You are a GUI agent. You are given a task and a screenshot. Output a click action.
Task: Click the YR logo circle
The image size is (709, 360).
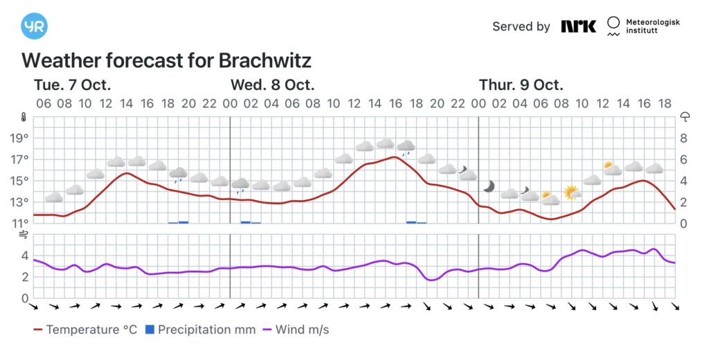[34, 26]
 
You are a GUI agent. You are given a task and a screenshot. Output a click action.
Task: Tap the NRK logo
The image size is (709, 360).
[578, 26]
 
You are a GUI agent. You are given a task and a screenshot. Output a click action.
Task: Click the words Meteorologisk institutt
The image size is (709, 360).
[652, 27]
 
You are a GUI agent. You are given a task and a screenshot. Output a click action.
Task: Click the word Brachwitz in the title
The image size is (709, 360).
[265, 60]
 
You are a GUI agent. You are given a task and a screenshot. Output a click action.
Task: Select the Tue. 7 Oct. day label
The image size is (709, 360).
[73, 85]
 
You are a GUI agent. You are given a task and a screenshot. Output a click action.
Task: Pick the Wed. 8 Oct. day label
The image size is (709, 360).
[273, 85]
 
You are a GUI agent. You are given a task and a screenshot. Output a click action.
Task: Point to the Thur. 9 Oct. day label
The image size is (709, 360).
[521, 85]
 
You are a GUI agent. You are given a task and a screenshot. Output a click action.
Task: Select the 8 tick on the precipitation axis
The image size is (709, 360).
[683, 138]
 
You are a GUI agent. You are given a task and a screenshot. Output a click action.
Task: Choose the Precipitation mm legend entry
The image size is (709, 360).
[200, 330]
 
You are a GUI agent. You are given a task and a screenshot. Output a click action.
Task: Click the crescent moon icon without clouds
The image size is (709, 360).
[489, 186]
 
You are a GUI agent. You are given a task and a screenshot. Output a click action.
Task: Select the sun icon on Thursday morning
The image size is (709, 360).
[571, 192]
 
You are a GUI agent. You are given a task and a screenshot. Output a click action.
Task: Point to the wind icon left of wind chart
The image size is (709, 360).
[23, 235]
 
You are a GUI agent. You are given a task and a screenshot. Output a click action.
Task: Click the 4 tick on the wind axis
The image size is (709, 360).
[25, 255]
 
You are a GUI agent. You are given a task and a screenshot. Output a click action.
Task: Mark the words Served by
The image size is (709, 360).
[521, 26]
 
